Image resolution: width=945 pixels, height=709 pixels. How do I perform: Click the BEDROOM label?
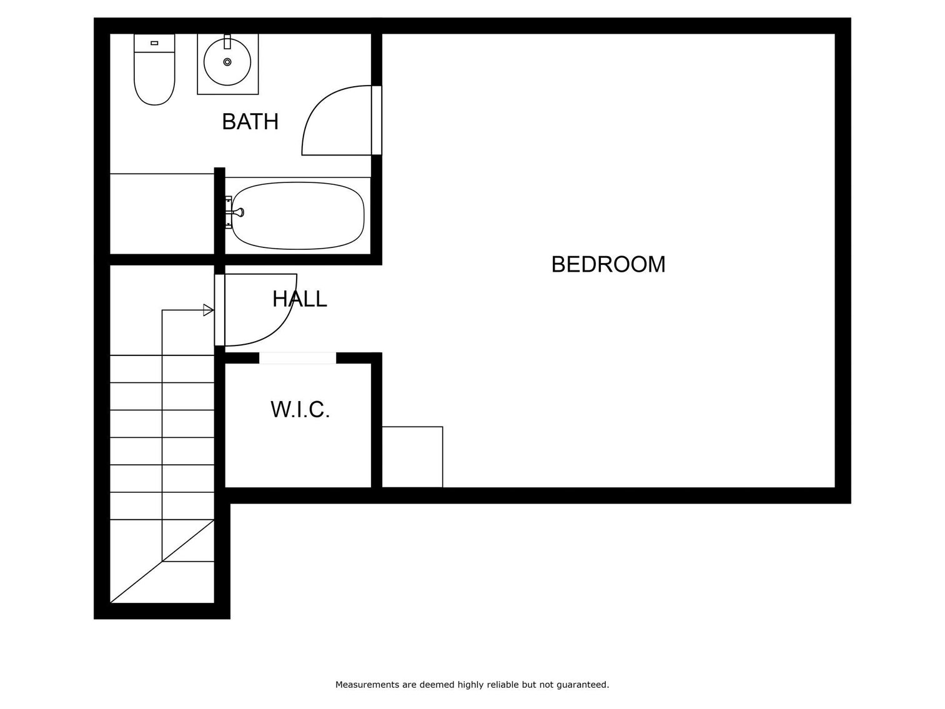coord(608,264)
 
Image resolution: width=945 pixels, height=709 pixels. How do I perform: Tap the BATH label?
coord(250,121)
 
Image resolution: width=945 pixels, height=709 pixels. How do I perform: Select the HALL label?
coord(299,299)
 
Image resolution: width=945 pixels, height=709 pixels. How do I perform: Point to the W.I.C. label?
coord(300,410)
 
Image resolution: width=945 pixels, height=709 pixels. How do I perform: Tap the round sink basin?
coord(227,62)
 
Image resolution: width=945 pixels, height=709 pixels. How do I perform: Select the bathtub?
coord(297,216)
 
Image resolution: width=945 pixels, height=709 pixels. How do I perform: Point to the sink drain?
coord(227,62)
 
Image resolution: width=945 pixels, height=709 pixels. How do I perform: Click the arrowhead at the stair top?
coord(209,310)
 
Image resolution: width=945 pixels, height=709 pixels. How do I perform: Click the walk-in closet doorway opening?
coord(297,358)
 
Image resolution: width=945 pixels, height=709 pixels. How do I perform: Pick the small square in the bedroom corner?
coord(412,457)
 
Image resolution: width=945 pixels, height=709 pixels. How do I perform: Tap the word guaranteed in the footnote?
coord(585,685)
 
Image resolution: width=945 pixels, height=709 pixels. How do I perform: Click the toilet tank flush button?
coord(154,42)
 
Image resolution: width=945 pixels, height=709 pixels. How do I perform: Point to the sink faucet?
coord(227,42)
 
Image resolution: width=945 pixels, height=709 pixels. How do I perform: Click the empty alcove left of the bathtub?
coord(162,214)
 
